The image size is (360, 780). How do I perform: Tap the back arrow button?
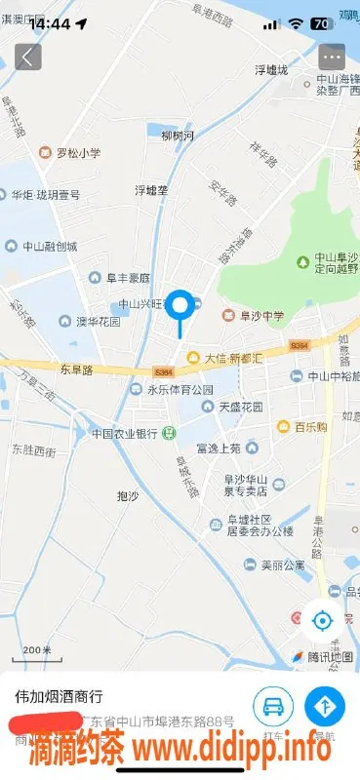pos(27,56)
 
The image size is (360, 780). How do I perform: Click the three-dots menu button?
pos(332,56)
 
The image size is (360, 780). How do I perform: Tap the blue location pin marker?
pos(180,307)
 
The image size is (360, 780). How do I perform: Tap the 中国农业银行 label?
pos(125,433)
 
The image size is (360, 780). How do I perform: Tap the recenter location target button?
pos(321,619)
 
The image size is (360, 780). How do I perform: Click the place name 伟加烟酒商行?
pos(58,697)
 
